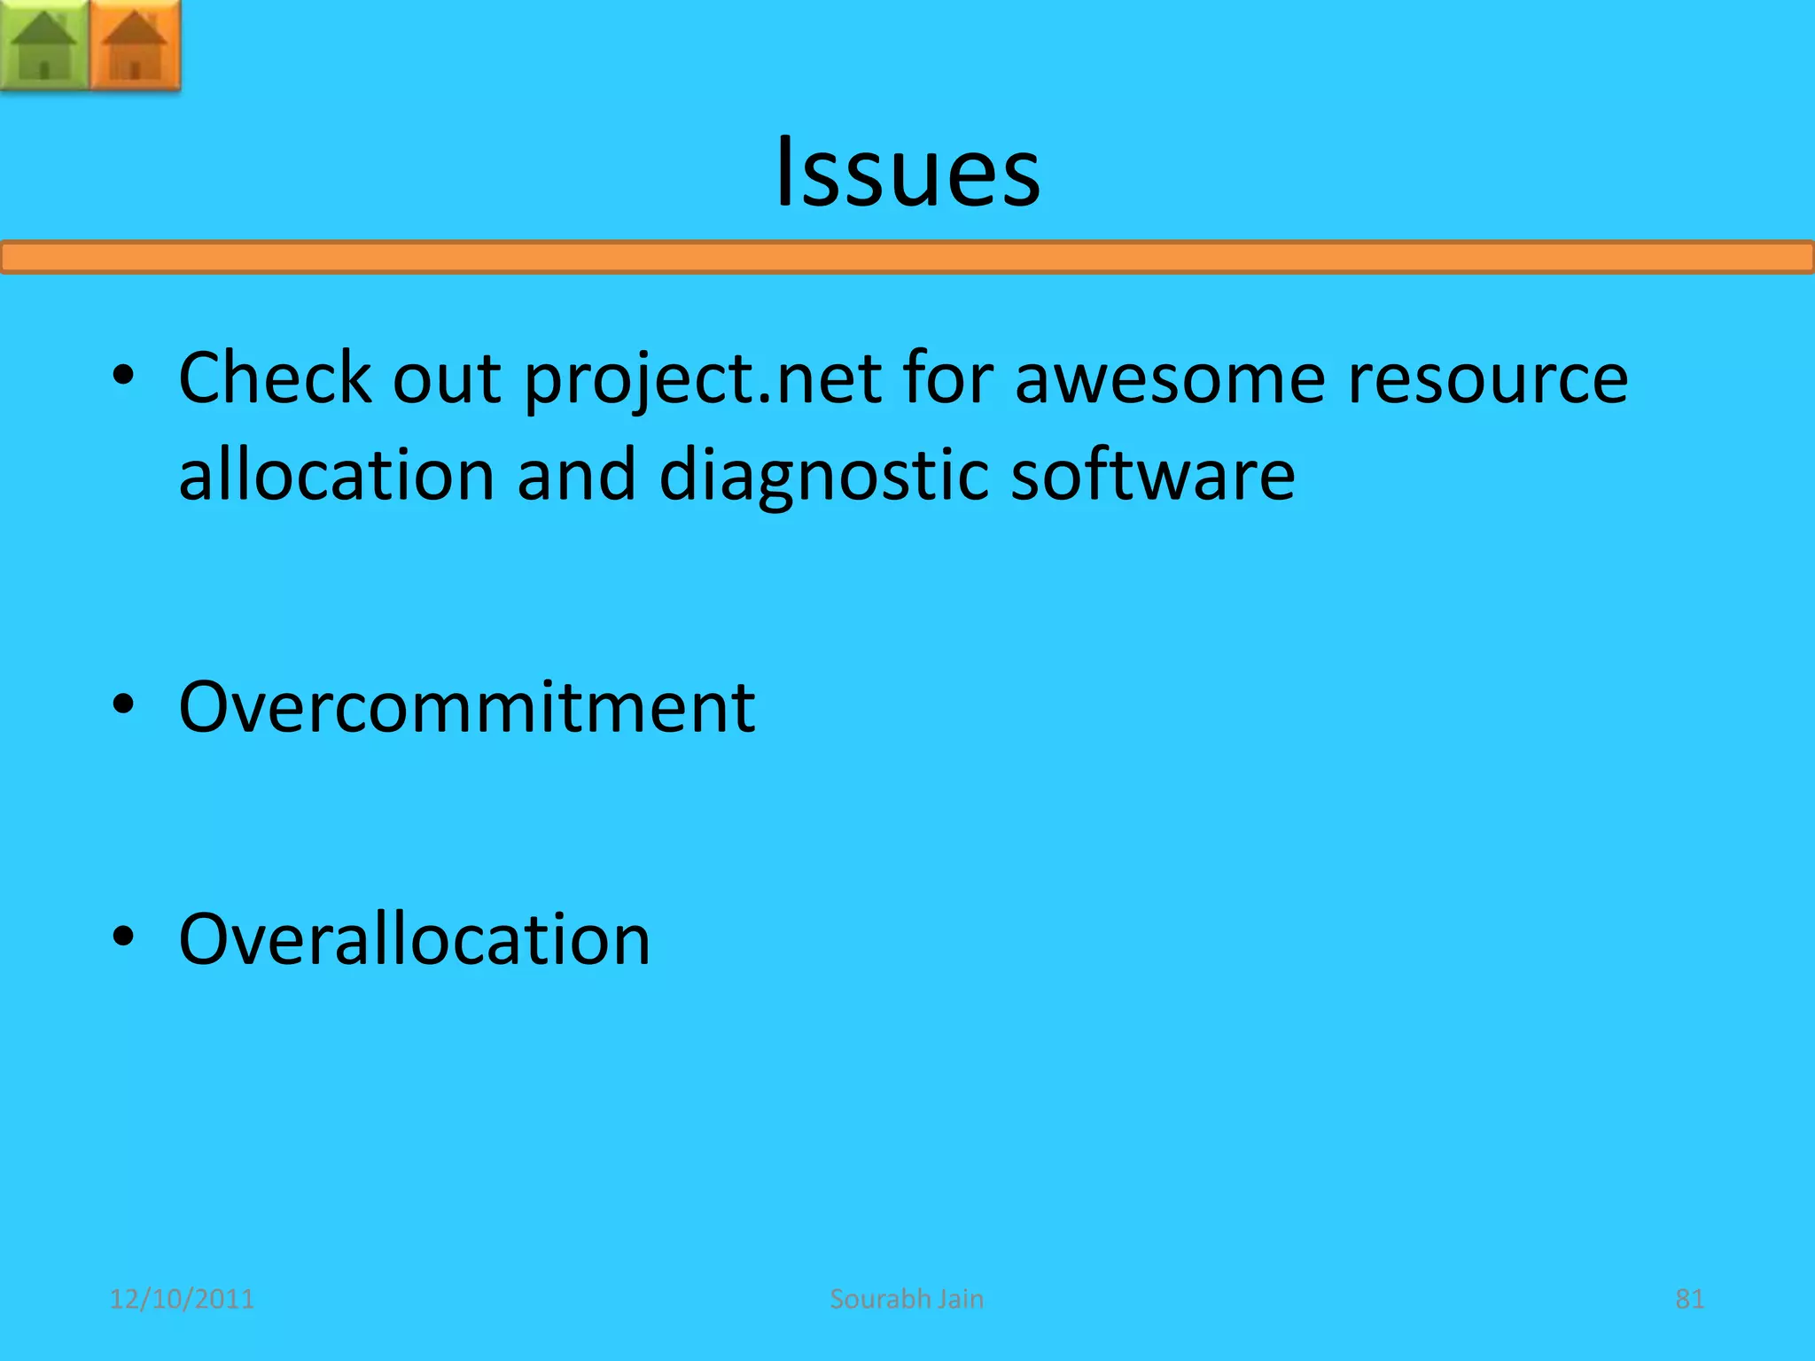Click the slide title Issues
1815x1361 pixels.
tap(907, 173)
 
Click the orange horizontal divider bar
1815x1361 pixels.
tap(907, 258)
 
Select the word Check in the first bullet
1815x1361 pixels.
tap(275, 378)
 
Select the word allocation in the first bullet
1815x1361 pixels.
tap(336, 475)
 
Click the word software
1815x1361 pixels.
tap(1152, 475)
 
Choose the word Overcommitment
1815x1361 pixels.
tap(467, 707)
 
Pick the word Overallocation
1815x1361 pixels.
tap(414, 939)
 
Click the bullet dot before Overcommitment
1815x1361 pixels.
tap(123, 705)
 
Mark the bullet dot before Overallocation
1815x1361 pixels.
tap(123, 937)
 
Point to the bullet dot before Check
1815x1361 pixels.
tap(123, 376)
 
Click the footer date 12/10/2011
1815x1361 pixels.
tap(182, 1299)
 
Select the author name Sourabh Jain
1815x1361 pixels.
tap(907, 1299)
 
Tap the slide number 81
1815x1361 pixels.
tap(1689, 1299)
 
